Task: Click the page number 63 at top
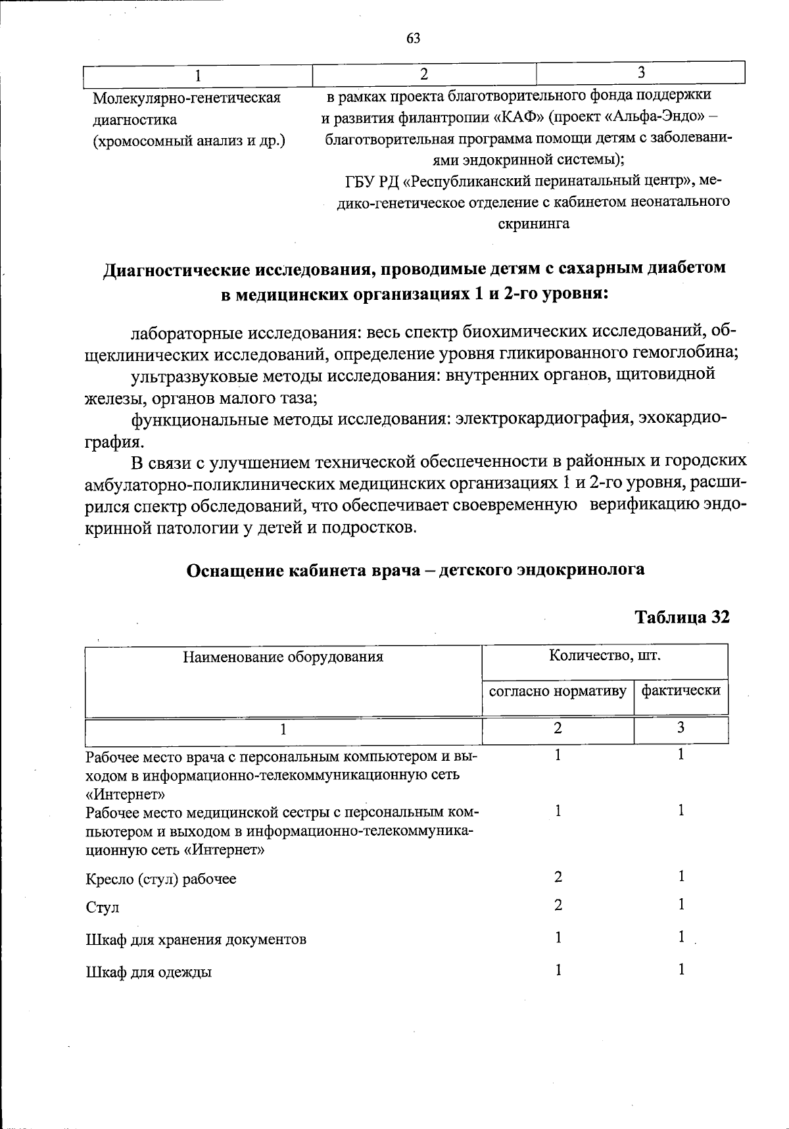click(x=413, y=38)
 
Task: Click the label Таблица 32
click(x=681, y=617)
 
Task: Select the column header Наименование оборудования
click(x=283, y=656)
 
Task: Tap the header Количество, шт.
click(x=605, y=655)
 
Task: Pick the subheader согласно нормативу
click(x=557, y=690)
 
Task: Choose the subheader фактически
click(x=681, y=690)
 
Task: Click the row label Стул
click(x=103, y=907)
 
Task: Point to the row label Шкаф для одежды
click(x=149, y=972)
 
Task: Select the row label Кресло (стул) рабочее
click(x=161, y=879)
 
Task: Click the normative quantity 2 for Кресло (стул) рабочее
click(x=558, y=877)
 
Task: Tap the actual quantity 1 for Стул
click(x=682, y=905)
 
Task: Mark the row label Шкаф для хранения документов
click(x=196, y=939)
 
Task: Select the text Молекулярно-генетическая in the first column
click(x=187, y=98)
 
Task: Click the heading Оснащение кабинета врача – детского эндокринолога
click(x=416, y=569)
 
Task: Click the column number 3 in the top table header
click(x=640, y=72)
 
